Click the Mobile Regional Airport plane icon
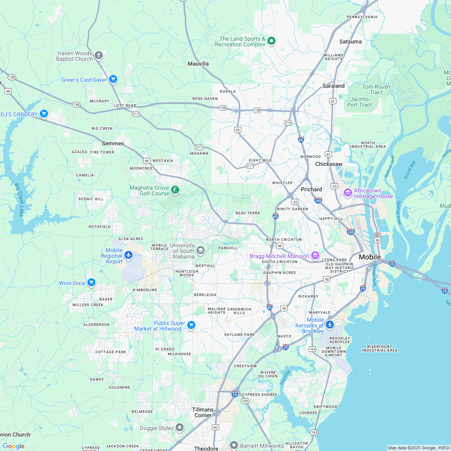pos(128,255)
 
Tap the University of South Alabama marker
pos(201,251)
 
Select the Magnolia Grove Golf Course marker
pos(175,190)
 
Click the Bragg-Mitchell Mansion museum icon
pos(315,256)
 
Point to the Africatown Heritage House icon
pos(348,193)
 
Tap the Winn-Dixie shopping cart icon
pos(91,283)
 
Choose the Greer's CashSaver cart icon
pos(113,79)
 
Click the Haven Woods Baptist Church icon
pos(99,55)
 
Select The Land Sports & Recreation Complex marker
pos(272,41)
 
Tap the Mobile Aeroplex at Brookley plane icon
pos(330,325)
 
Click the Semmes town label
pos(113,143)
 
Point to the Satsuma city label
pos(350,41)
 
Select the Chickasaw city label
pos(329,164)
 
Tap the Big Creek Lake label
pos(19,200)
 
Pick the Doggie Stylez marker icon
pos(180,428)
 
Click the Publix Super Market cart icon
pos(191,325)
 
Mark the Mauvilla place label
pos(198,64)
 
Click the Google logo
pos(13,446)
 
